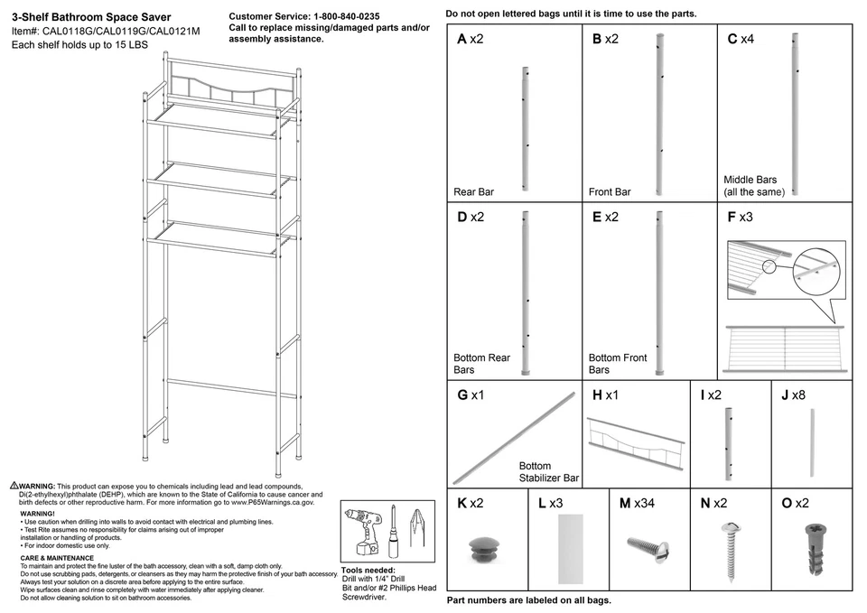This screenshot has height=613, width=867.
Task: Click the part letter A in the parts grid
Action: (461, 40)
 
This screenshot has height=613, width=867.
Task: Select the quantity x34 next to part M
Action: (643, 503)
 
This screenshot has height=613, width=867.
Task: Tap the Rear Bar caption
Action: (473, 192)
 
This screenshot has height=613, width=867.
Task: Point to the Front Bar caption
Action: (610, 192)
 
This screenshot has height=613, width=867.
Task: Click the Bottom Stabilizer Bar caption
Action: (548, 472)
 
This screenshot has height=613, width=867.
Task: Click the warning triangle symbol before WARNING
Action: (14, 486)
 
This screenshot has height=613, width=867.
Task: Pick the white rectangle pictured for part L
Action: (572, 549)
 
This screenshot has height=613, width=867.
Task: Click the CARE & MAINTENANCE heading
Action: (57, 558)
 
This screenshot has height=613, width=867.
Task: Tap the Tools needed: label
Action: (368, 571)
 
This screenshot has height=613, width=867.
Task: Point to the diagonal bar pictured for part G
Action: (514, 437)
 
